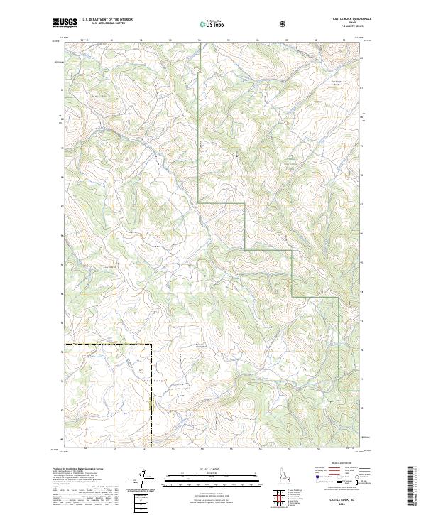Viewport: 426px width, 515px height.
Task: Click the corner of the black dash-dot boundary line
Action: pos(152,345)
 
